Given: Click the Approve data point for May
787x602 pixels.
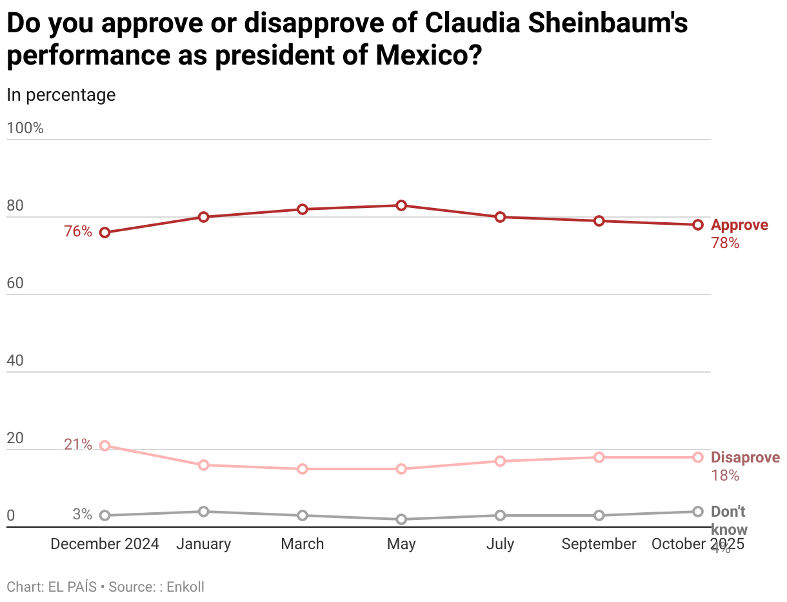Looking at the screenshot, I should coord(401,205).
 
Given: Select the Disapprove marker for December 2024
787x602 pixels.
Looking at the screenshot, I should coord(105,446).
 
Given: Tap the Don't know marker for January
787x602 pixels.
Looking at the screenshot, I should coord(203,512).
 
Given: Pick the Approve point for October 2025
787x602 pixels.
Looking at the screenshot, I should coord(697,225).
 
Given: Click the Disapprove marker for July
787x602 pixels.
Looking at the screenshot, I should coord(500,461).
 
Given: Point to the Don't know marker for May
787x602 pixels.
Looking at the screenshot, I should coord(401,519).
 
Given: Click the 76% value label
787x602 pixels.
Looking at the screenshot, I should coord(78,231).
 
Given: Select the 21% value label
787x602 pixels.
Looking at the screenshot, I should coord(78,444).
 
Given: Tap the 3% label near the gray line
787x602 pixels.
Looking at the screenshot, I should coord(82,515).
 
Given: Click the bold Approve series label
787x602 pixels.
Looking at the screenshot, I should coord(739,225).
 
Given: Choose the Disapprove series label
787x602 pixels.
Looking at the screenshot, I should coord(745,458).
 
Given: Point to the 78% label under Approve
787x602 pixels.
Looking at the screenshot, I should coord(724,244).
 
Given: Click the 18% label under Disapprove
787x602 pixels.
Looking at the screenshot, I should coord(724,476).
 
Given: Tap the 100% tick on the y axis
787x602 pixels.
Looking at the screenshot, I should coord(25,128).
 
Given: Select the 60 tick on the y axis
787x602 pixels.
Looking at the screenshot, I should coord(15,283).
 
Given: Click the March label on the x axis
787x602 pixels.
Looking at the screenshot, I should coord(302,544).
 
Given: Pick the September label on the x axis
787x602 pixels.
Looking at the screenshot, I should coord(599,544).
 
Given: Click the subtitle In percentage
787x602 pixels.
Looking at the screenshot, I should coord(61,94).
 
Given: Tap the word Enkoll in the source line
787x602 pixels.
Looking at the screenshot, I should coord(186,586).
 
